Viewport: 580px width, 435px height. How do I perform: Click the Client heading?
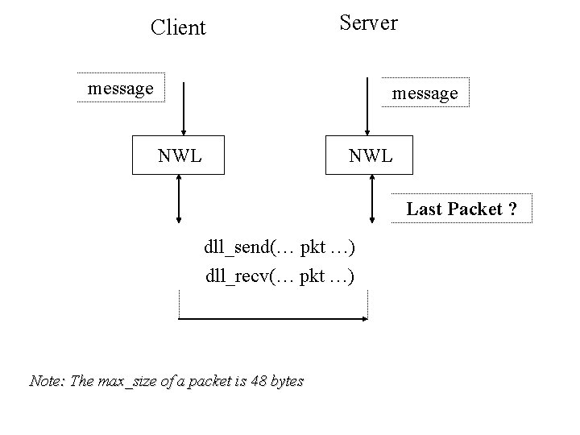[178, 28]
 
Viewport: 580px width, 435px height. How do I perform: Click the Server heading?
[368, 23]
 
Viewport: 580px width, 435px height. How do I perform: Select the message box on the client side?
[121, 88]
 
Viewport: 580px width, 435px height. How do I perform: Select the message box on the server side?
[425, 93]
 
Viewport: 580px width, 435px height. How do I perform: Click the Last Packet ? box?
[461, 209]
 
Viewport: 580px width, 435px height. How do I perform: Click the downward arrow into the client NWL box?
[184, 108]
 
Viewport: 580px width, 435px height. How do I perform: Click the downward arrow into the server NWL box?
[367, 108]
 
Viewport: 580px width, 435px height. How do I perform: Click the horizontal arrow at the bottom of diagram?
[272, 320]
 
